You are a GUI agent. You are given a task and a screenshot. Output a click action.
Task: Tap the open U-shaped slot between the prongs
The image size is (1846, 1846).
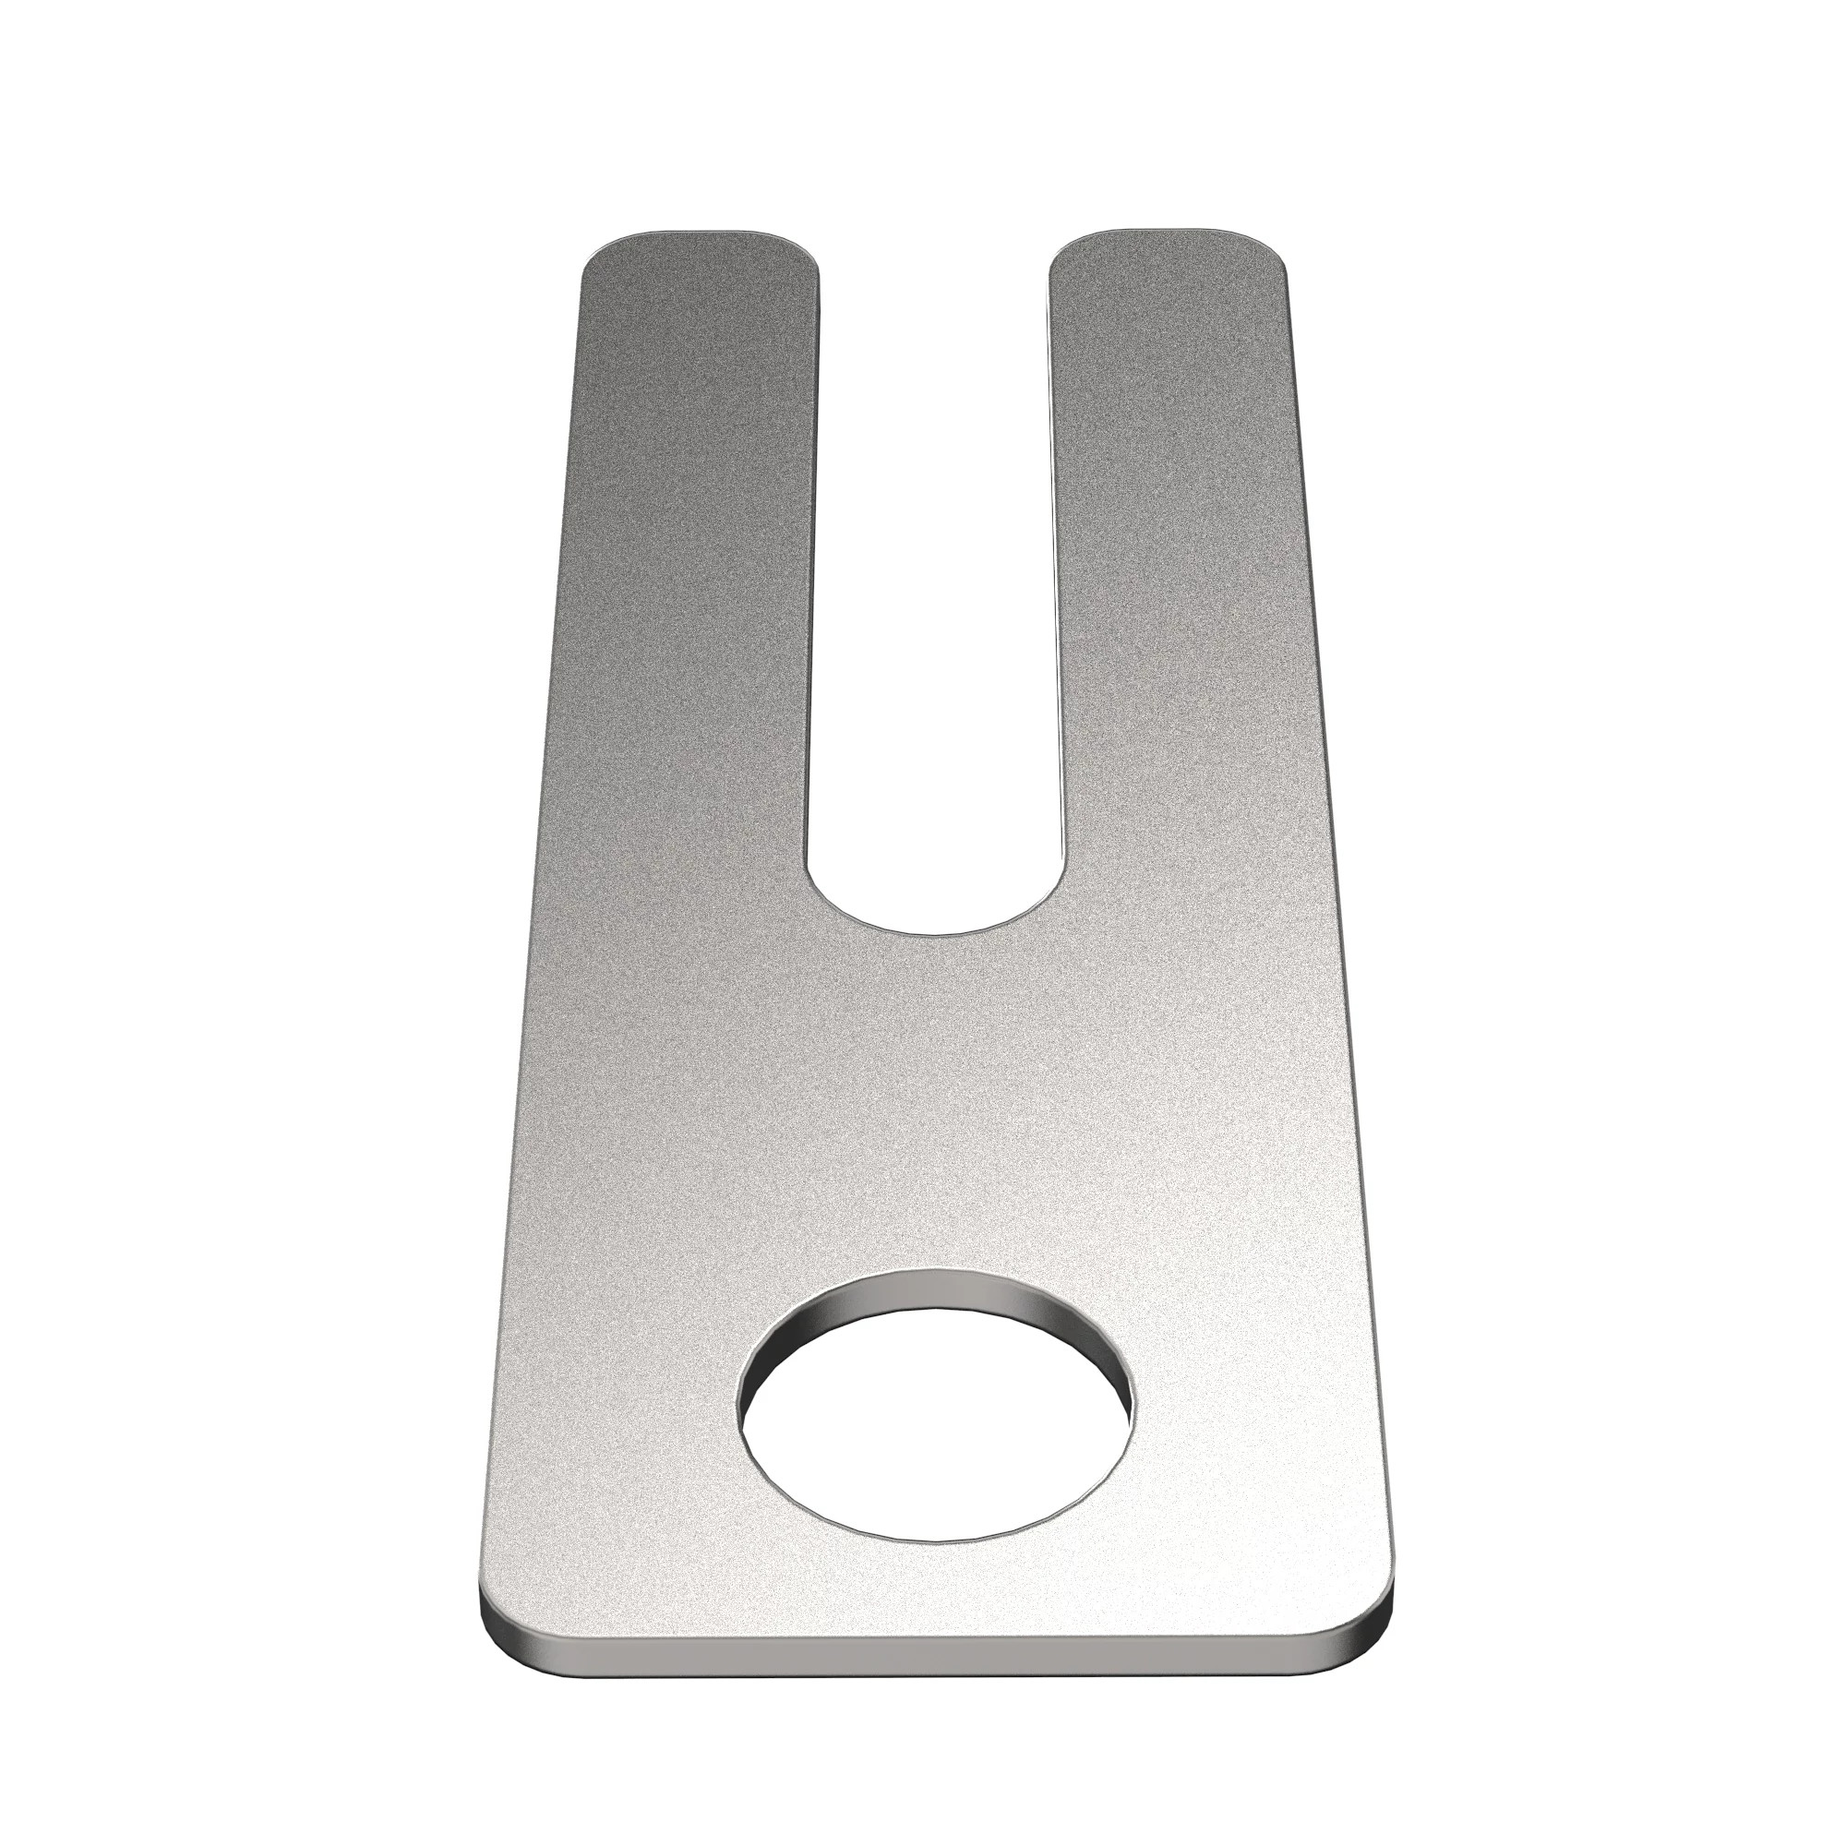point(933,573)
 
